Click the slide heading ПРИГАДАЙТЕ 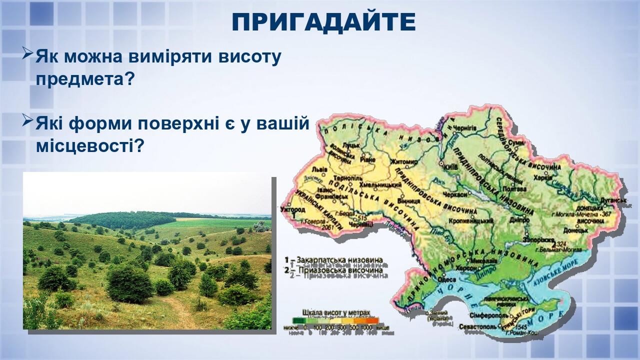pyautogui.click(x=323, y=22)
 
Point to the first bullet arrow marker pyautogui.click(x=28, y=53)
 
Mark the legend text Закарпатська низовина pyautogui.click(x=339, y=260)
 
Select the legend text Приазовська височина pyautogui.click(x=339, y=270)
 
